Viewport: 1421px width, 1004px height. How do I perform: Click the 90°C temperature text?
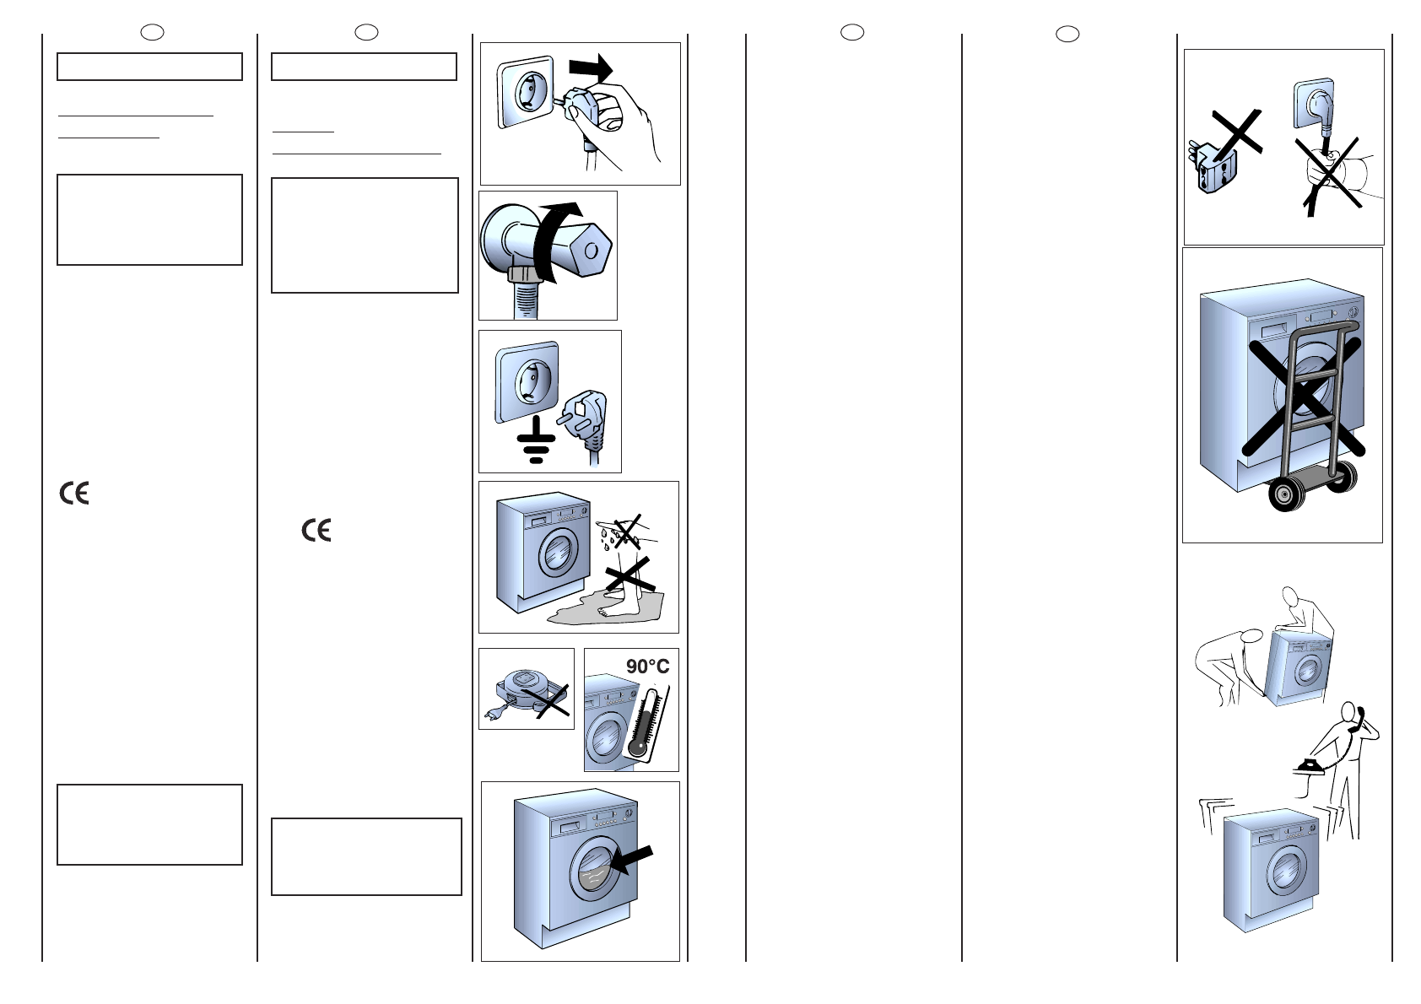click(647, 667)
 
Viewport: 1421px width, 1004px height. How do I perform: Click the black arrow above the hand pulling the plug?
click(591, 67)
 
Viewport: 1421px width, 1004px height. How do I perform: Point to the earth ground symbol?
click(536, 439)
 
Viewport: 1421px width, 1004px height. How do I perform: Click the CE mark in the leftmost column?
click(74, 493)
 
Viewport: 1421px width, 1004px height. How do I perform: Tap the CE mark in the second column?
click(316, 530)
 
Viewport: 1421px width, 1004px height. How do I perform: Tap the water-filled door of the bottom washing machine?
click(596, 867)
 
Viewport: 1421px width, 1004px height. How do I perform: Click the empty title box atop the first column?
click(149, 67)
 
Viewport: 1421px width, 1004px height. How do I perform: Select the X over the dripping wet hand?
click(626, 531)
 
